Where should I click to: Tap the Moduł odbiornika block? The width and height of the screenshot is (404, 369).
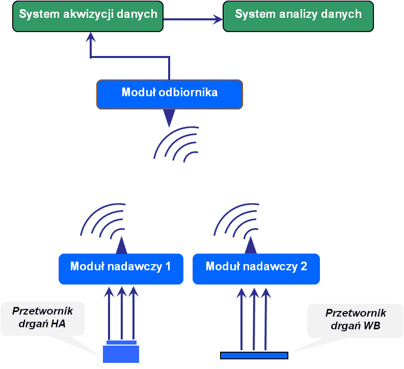tap(170, 94)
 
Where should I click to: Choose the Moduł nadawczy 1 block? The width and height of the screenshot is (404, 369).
tap(121, 268)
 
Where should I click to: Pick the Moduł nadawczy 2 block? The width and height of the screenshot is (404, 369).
tap(256, 268)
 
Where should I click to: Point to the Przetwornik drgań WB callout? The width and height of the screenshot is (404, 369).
tap(356, 320)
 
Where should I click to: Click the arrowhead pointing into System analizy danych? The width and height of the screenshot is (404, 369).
tap(218, 20)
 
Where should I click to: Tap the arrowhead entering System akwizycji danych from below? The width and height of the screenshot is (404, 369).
tap(91, 37)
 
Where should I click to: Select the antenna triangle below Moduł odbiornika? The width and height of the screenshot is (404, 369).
tap(169, 118)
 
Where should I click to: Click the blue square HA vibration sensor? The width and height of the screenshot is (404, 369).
tap(121, 353)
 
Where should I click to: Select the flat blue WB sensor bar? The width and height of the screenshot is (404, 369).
tap(254, 355)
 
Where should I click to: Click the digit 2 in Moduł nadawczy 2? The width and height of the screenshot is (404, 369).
tap(304, 266)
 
